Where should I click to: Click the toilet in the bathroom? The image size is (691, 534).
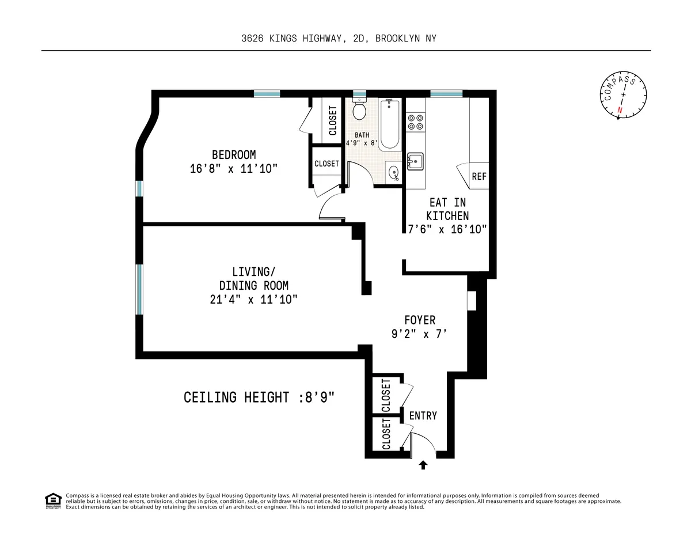click(x=359, y=109)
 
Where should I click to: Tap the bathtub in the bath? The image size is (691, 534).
click(x=390, y=124)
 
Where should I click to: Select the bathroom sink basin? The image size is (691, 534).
click(x=393, y=172)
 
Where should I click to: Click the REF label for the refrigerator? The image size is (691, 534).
click(x=479, y=176)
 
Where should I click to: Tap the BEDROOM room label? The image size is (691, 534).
click(x=234, y=155)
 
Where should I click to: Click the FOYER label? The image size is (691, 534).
click(x=420, y=320)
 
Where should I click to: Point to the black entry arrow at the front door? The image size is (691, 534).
click(x=423, y=465)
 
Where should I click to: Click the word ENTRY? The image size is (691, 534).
click(x=423, y=415)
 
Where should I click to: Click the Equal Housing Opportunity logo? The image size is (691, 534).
click(x=53, y=501)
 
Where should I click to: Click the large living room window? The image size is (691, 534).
click(x=139, y=289)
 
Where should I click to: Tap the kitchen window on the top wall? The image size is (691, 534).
click(x=446, y=93)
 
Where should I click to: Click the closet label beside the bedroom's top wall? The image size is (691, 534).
click(x=333, y=120)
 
